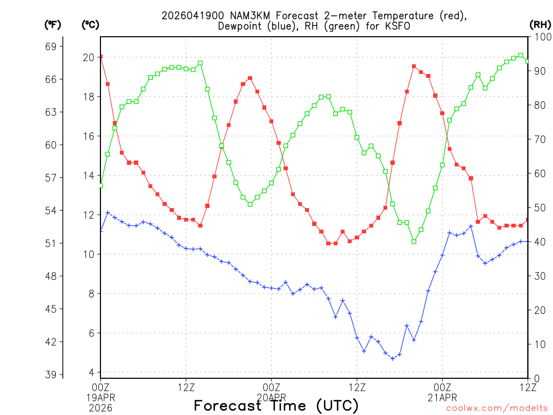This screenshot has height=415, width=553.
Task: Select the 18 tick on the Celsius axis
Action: point(89,97)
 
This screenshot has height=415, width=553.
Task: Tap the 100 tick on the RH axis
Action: point(541,37)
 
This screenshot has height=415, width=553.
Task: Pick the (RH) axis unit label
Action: point(540,24)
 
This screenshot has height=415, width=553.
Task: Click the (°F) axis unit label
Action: point(53,24)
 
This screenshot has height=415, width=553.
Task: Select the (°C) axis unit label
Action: point(90,24)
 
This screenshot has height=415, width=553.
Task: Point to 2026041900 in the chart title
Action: point(188,16)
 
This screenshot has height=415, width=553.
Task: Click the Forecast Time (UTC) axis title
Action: point(276,405)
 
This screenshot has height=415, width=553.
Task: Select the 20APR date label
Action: point(271,397)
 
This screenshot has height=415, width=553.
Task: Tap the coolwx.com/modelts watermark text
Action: point(497,408)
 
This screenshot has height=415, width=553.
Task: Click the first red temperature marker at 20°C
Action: point(100,57)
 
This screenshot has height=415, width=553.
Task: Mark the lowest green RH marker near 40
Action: point(414,242)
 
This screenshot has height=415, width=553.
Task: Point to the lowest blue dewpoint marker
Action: point(393,358)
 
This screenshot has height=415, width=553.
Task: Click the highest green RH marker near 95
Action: point(521,55)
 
